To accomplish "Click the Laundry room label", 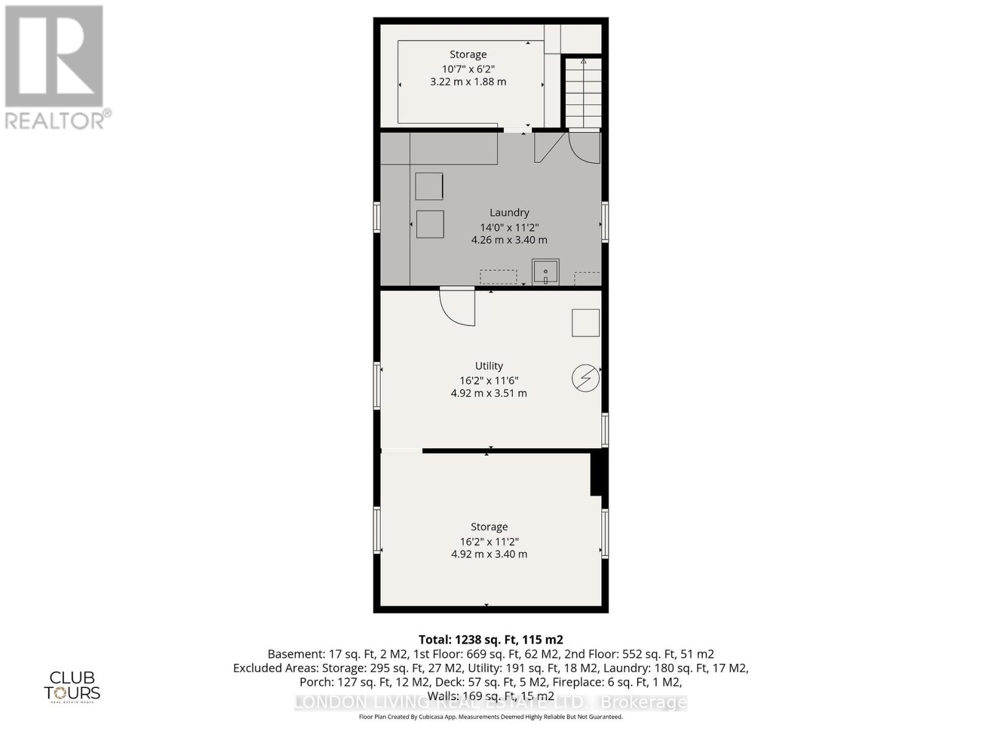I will tap(509, 213).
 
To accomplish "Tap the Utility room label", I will tap(489, 365).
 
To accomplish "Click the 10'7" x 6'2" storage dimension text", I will tap(468, 68).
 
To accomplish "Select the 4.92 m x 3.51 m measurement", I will tap(489, 393).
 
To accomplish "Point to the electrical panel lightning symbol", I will tap(586, 378).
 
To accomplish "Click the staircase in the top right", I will tap(582, 92).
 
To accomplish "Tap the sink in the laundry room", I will tap(545, 271).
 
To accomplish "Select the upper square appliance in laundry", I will tap(429, 186).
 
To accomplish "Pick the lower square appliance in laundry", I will tap(430, 224).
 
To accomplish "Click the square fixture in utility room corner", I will tap(586, 322).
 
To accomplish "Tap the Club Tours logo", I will tap(72, 686).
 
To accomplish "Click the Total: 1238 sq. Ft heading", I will tap(490, 639).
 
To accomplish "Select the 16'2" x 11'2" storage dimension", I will tap(489, 541).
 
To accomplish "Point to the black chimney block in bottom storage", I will tap(596, 473).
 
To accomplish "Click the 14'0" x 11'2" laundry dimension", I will tap(509, 227).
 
